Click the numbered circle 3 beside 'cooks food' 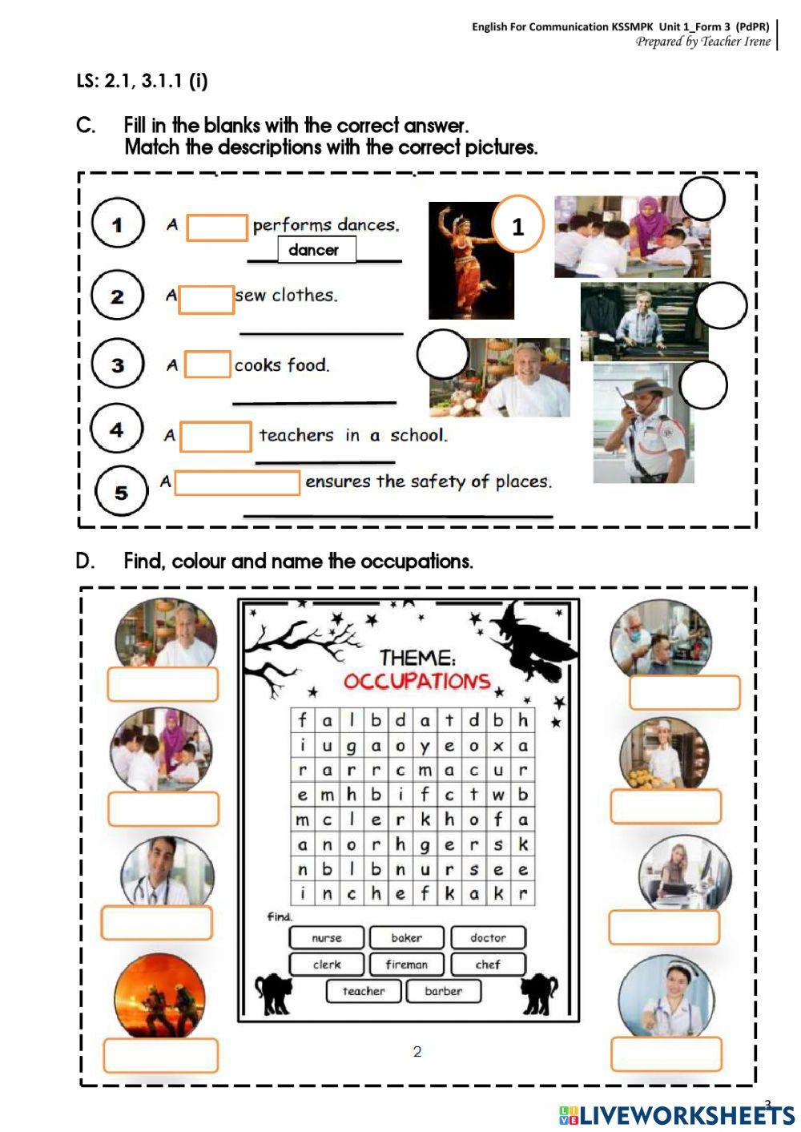(x=117, y=365)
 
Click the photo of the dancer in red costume (x=470, y=260)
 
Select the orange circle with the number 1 (x=517, y=225)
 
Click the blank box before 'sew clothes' (x=206, y=299)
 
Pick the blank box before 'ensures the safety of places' (x=236, y=482)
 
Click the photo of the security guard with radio (x=642, y=425)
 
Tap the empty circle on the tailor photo (x=721, y=305)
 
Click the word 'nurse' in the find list (x=327, y=937)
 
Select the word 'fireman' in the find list (x=407, y=965)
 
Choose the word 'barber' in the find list (x=443, y=991)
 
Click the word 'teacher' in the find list (x=364, y=991)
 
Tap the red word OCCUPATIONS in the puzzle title (x=417, y=681)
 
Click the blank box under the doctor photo (x=157, y=923)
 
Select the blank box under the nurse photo (x=666, y=1054)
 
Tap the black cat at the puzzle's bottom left (x=273, y=993)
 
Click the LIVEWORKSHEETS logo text (x=686, y=1114)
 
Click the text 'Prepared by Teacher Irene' (x=702, y=42)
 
